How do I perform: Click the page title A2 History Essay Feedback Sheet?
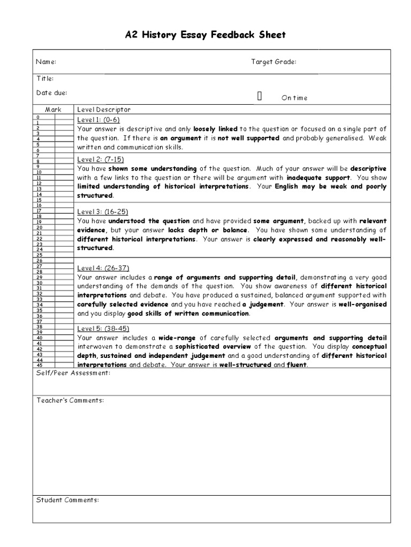[205, 35]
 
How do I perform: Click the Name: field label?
[46, 62]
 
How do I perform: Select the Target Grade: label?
[273, 62]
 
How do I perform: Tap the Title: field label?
[45, 79]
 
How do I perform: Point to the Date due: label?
[51, 93]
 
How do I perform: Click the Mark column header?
[53, 110]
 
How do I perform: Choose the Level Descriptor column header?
[104, 110]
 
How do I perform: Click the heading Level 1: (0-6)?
[98, 119]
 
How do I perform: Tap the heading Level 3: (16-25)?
[103, 212]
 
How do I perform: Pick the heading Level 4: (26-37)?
[103, 268]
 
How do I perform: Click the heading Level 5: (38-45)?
[103, 328]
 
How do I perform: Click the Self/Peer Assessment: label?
[73, 372]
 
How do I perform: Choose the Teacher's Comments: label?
[70, 400]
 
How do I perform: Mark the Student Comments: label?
[67, 500]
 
